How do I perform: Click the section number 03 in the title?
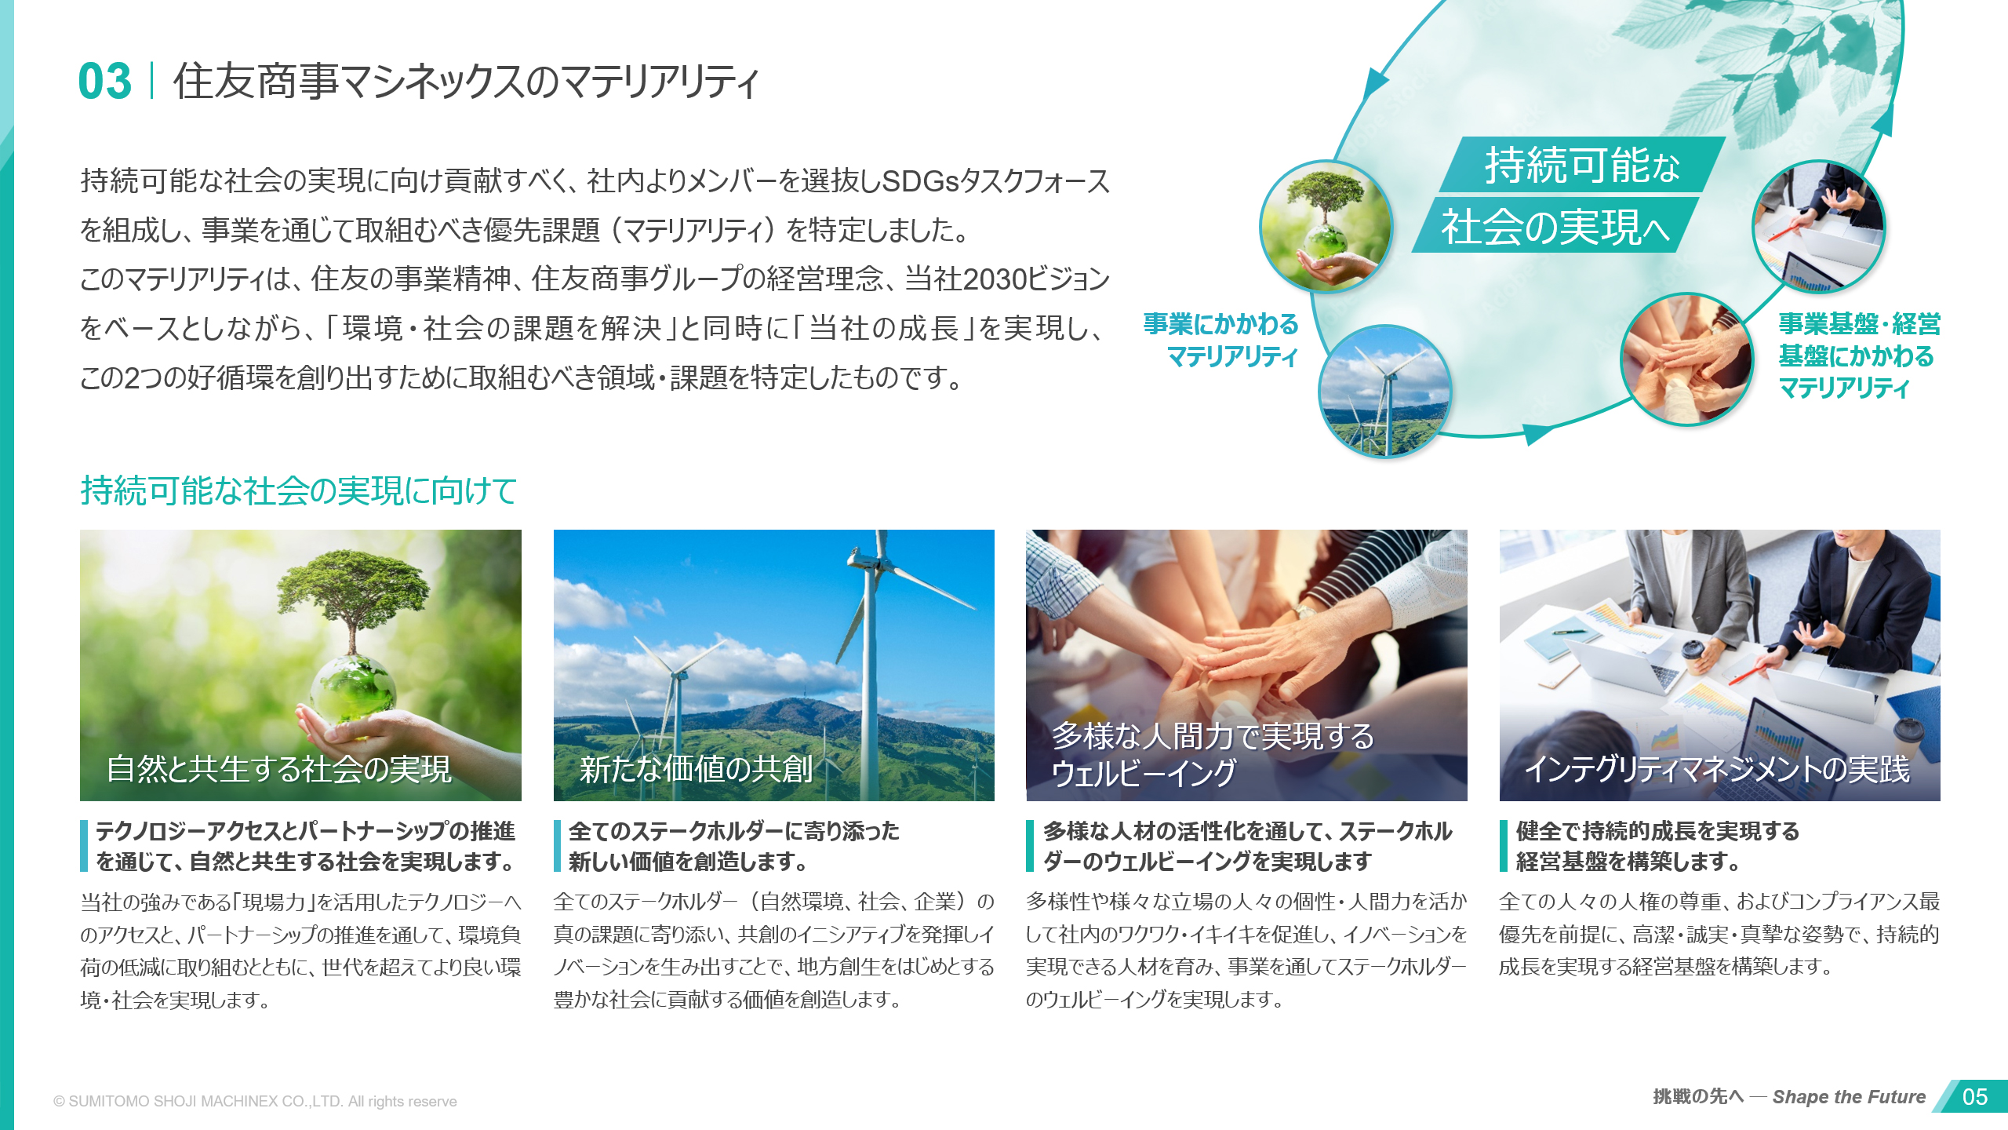click(105, 82)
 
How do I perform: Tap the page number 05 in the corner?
click(1975, 1096)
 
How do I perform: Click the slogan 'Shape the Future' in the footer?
click(1849, 1096)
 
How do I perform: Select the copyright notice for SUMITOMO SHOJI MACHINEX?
click(255, 1101)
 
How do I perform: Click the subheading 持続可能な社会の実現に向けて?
click(299, 490)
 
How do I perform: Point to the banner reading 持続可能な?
click(1582, 165)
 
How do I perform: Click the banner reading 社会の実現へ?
click(1555, 226)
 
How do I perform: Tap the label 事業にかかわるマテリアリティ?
click(1220, 340)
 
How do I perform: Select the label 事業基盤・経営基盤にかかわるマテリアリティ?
click(1859, 355)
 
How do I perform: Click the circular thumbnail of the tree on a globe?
click(1326, 227)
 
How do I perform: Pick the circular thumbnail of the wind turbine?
click(1385, 392)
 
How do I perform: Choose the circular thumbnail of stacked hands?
click(1686, 359)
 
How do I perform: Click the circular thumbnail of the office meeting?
click(1818, 227)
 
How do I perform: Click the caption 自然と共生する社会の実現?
click(279, 768)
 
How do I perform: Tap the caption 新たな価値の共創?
click(697, 768)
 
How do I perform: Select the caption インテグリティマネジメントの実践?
click(1717, 768)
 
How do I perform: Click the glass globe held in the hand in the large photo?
click(353, 690)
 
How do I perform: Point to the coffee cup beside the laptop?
click(1693, 658)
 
